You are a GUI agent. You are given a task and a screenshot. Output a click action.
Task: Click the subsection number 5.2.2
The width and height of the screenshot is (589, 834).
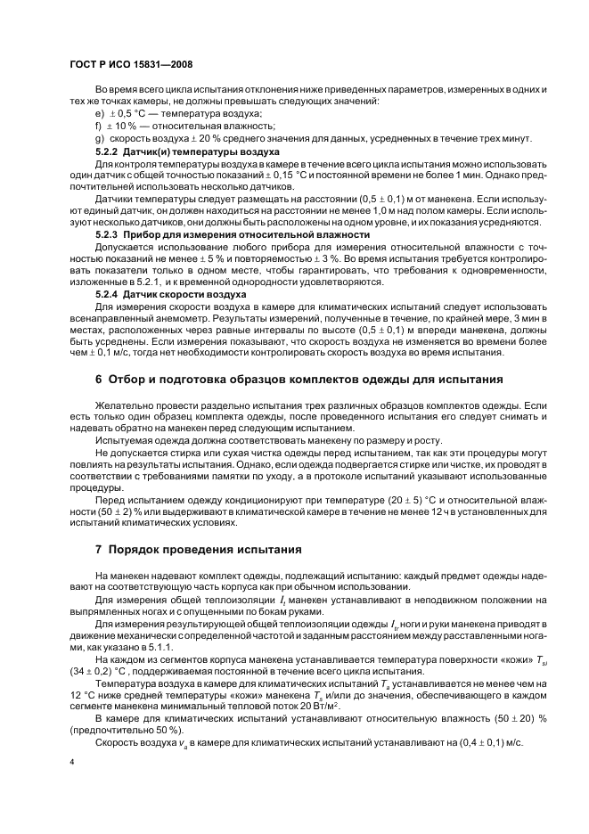pyautogui.click(x=107, y=152)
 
